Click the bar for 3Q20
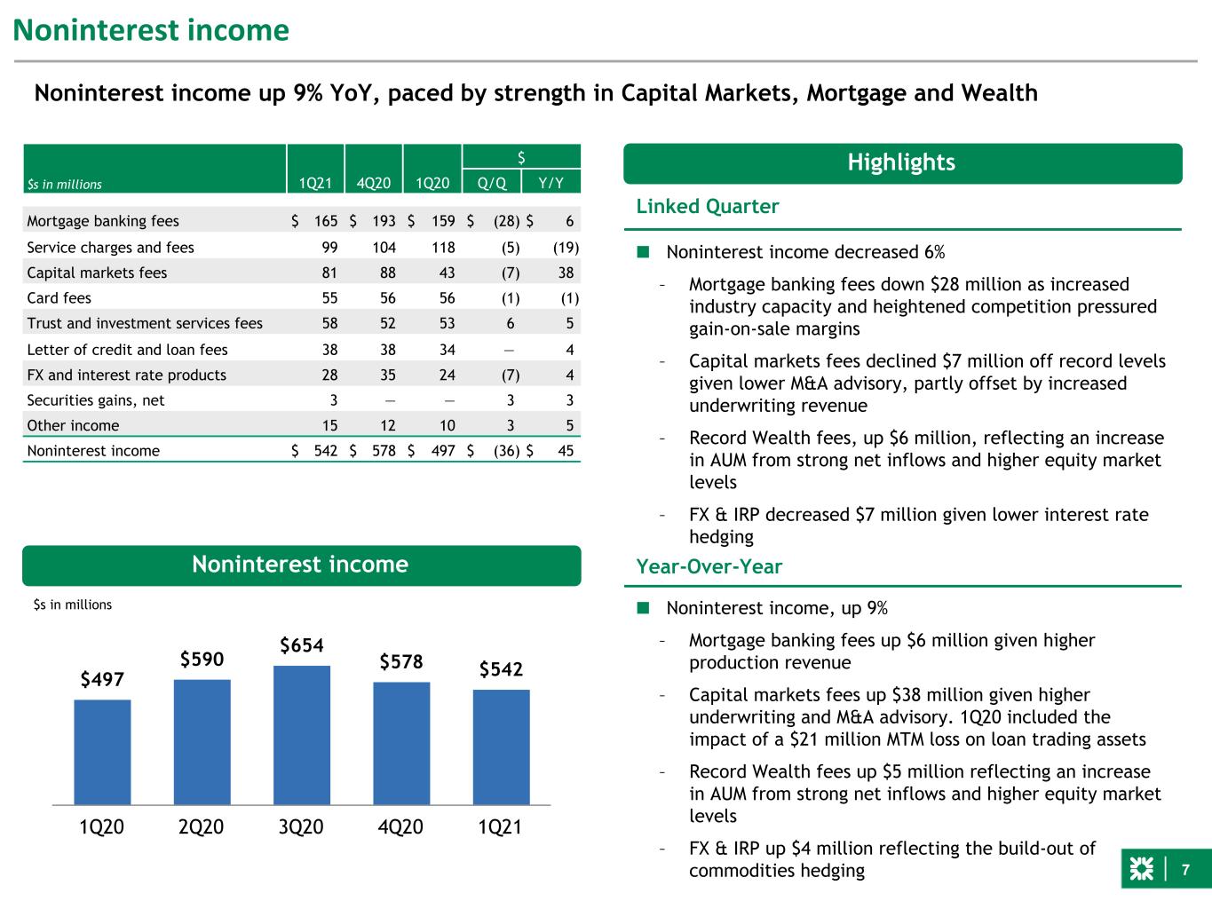click(x=302, y=735)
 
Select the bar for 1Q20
click(x=102, y=752)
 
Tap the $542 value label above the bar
click(x=501, y=669)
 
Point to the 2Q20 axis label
click(x=201, y=826)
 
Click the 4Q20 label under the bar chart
click(x=400, y=826)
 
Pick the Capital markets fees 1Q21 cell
click(x=329, y=273)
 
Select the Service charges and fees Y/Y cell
click(x=566, y=248)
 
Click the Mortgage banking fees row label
click(x=103, y=221)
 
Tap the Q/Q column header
click(x=491, y=183)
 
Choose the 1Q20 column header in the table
click(x=432, y=183)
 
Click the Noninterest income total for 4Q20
click(x=384, y=451)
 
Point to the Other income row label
click(x=73, y=425)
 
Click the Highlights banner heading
click(x=901, y=162)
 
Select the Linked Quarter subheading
click(x=708, y=207)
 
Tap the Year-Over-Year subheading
click(x=709, y=567)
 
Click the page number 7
click(x=1185, y=870)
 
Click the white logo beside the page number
click(x=1141, y=869)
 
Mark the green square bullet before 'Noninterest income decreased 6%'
click(x=643, y=252)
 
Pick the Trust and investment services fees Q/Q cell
click(x=511, y=323)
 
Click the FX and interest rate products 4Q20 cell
click(x=388, y=375)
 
